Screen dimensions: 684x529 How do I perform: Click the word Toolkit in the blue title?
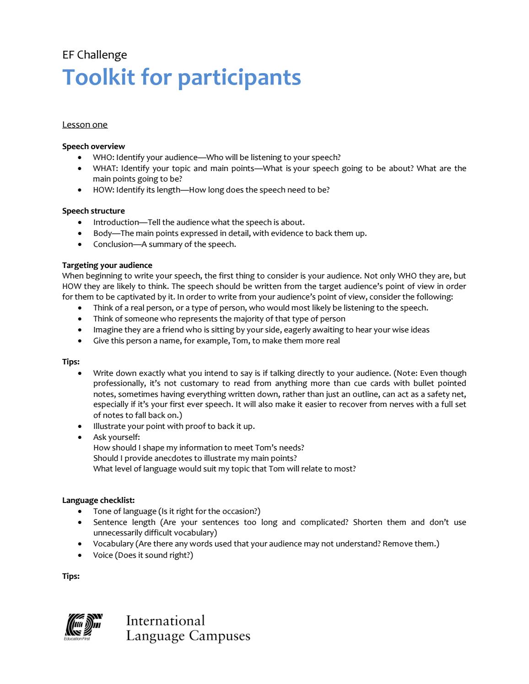point(98,77)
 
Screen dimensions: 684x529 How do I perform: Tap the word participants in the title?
point(239,78)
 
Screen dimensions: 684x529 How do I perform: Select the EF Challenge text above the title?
point(95,55)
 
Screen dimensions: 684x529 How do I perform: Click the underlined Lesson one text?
point(85,125)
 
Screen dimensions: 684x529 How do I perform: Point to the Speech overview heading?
point(93,146)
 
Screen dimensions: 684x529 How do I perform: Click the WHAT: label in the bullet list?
point(105,168)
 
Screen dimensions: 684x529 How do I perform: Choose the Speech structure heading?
point(93,211)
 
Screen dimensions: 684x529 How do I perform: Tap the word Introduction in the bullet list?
point(116,222)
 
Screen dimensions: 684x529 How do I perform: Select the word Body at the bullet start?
point(103,233)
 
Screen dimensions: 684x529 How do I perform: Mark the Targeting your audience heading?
point(107,265)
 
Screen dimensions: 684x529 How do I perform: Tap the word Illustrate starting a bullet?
point(109,426)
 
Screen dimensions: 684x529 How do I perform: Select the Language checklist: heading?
point(98,500)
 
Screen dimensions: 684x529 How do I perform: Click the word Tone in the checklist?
point(102,511)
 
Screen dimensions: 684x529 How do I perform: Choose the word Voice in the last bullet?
point(103,555)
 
